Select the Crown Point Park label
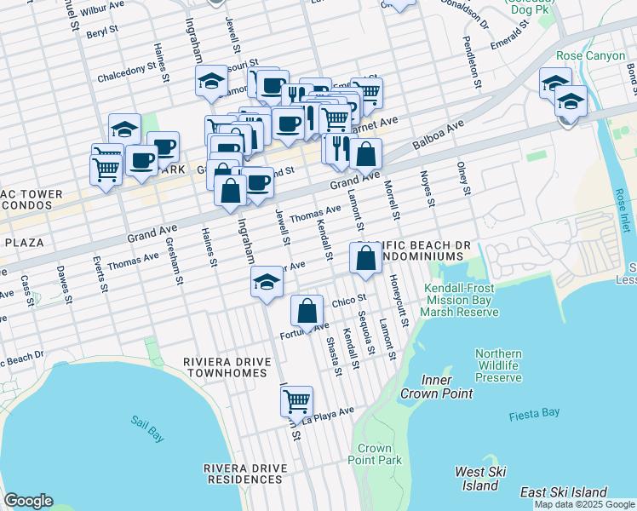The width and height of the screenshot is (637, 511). coord(374,454)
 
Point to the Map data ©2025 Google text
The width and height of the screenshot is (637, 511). coord(584,504)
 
